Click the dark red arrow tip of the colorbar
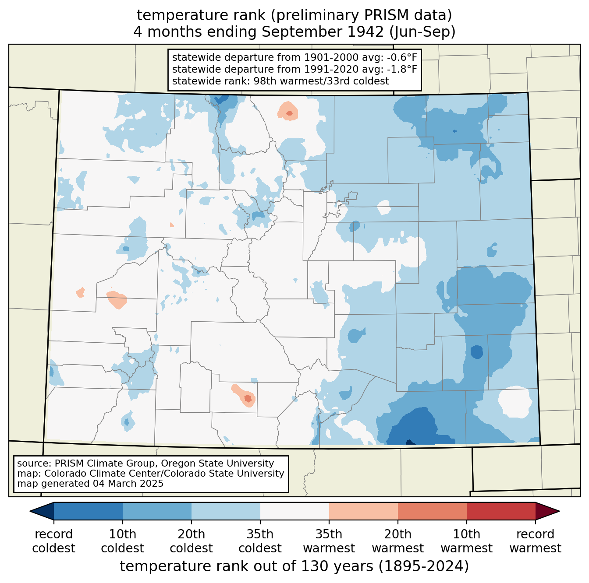point(550,511)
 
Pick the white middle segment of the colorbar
point(294,511)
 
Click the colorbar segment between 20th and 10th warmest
point(432,511)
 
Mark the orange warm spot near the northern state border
point(287,112)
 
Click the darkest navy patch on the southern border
point(411,442)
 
